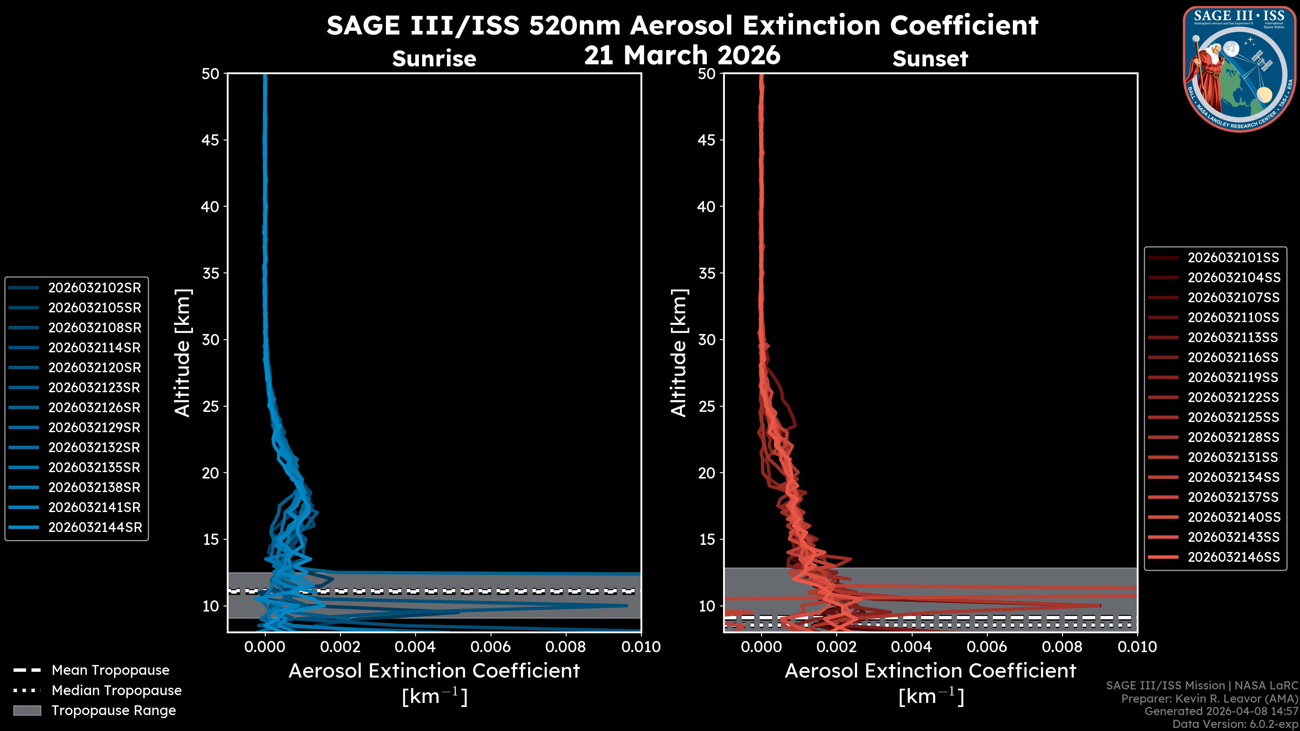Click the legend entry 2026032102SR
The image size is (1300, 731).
94,288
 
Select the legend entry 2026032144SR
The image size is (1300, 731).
94,528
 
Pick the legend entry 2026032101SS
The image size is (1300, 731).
1233,258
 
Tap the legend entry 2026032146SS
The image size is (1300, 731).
1233,557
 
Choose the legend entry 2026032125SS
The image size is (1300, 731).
1233,418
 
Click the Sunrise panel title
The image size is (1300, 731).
434,59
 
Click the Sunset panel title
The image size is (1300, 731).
930,59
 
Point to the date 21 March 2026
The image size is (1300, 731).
682,55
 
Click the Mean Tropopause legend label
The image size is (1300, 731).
110,670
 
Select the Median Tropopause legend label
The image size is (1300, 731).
116,691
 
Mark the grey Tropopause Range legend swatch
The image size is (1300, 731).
27,710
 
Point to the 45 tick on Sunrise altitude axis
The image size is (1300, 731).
210,140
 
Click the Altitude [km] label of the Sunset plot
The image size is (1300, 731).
679,353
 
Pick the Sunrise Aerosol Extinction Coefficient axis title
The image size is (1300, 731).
434,671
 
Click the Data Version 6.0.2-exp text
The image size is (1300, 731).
1235,724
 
